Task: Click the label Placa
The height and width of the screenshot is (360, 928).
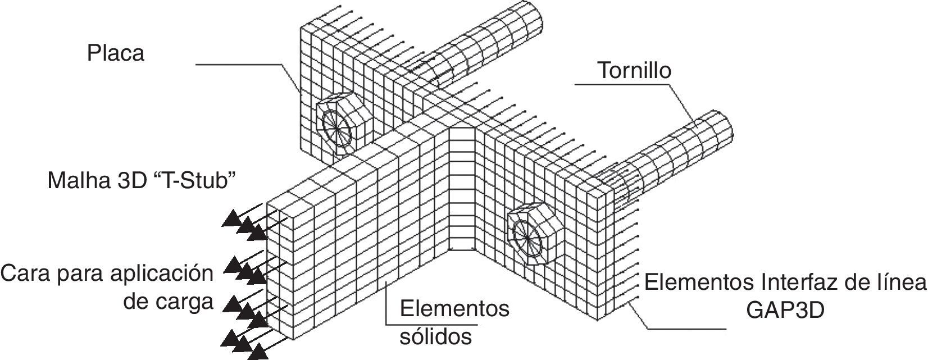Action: (115, 53)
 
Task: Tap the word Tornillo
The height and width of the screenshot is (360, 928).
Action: (634, 71)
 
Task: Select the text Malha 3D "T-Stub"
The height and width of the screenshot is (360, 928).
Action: (141, 181)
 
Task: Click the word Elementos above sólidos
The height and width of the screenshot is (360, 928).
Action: (454, 308)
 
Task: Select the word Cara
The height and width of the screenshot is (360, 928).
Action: (24, 275)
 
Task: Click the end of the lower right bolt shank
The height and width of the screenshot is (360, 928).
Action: (722, 129)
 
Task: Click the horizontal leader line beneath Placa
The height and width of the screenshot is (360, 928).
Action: (236, 65)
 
